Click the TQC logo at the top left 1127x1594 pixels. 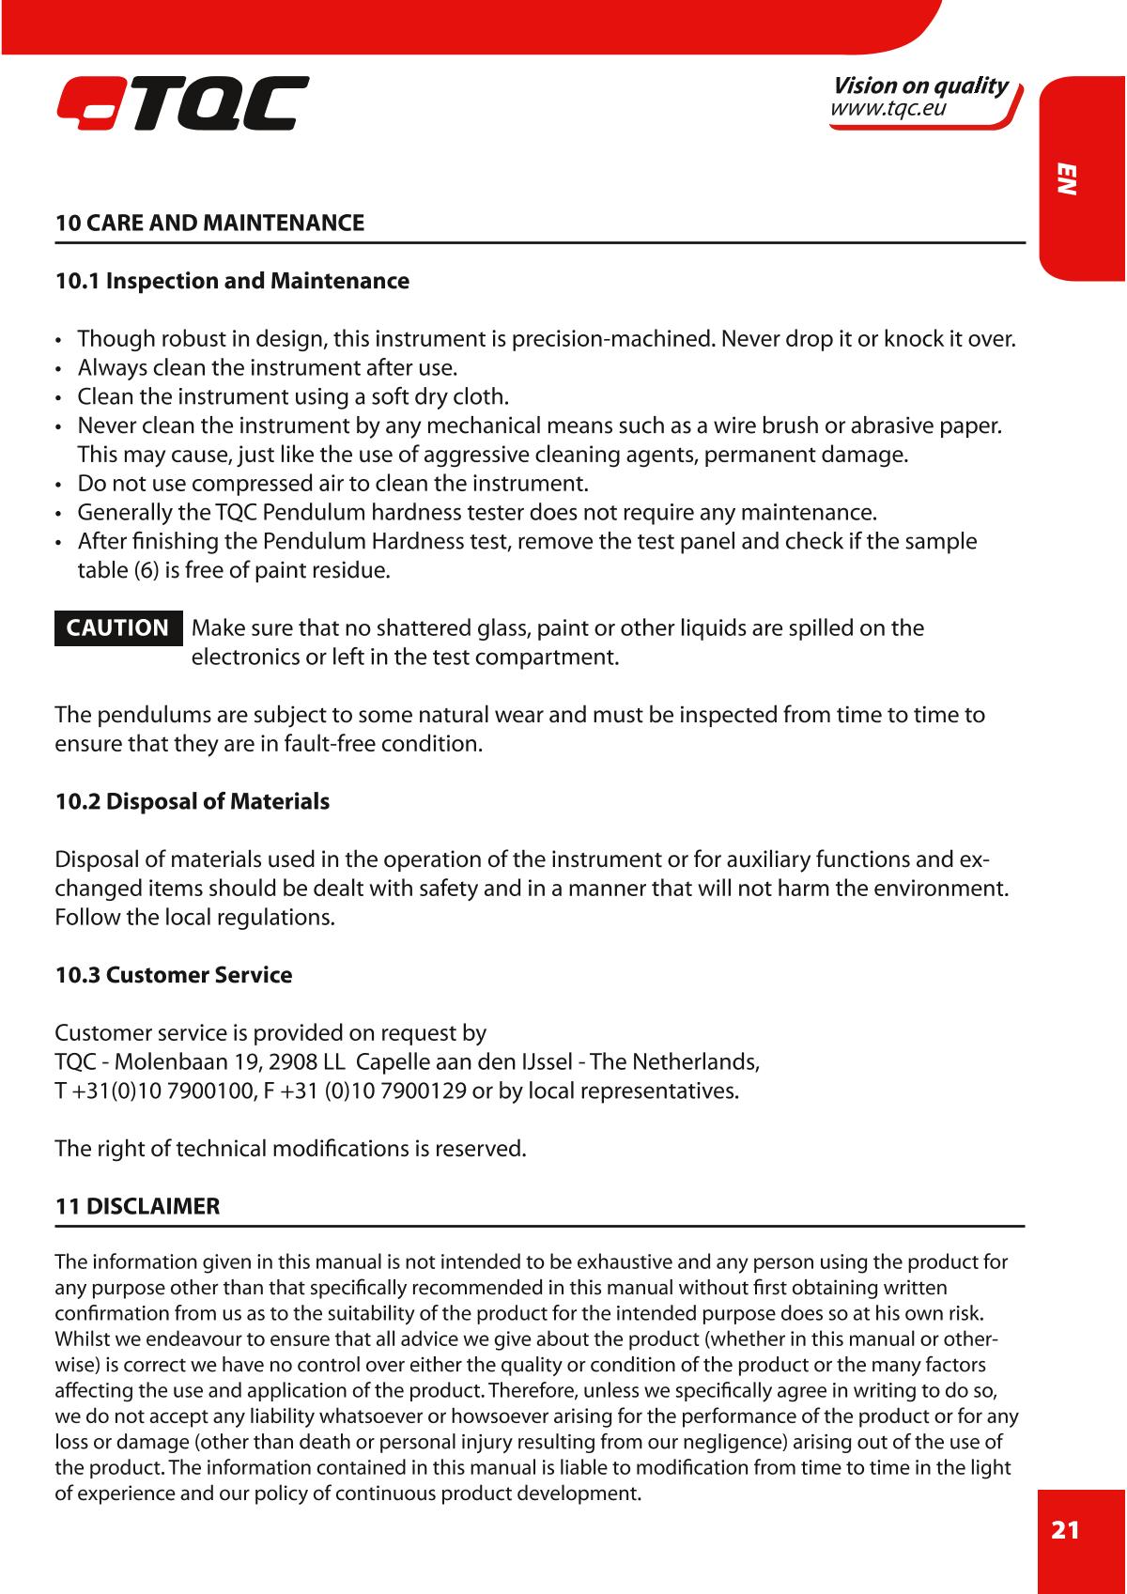coord(182,103)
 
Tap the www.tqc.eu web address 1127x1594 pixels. coord(888,109)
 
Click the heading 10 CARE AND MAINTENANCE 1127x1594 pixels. coord(209,224)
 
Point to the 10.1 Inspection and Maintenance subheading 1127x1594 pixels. coord(232,281)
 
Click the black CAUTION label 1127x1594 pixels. coord(117,628)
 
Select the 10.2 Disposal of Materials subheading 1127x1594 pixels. coord(193,802)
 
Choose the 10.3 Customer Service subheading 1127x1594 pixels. coord(174,975)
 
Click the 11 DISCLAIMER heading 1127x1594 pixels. coord(137,1207)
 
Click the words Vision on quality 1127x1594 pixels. coord(920,86)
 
